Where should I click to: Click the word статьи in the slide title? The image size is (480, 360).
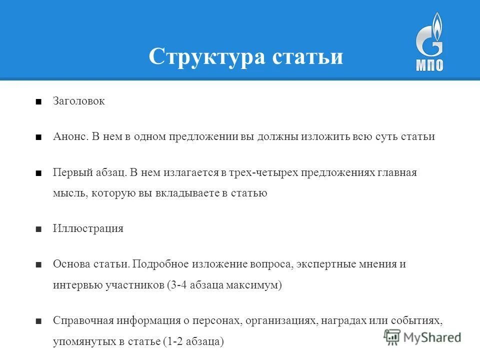click(x=307, y=56)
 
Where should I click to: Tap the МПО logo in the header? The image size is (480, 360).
click(x=429, y=43)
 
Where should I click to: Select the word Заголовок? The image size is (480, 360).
click(x=79, y=101)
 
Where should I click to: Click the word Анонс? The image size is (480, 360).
click(x=70, y=136)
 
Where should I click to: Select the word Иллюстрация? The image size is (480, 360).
click(x=88, y=228)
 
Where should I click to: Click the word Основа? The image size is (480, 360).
click(x=70, y=264)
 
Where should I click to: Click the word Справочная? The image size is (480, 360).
click(x=80, y=320)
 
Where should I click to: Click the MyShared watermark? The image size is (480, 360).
click(x=422, y=336)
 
